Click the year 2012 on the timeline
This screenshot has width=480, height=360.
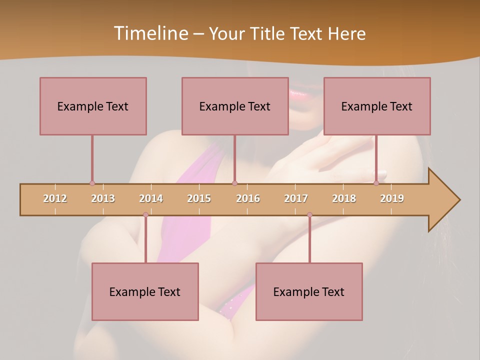[x=55, y=198]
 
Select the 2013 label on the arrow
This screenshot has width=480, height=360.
[x=103, y=198]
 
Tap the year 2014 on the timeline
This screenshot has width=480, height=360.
[x=151, y=198]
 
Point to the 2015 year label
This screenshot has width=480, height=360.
[x=199, y=198]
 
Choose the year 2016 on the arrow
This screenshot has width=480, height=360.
[x=248, y=198]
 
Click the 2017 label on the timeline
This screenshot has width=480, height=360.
[x=296, y=198]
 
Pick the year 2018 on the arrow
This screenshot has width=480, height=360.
[x=344, y=198]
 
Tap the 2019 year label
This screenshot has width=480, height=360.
[x=392, y=198]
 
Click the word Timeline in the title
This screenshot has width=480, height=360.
[x=150, y=33]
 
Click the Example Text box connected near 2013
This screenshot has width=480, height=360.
[x=93, y=106]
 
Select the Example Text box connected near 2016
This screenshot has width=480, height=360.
[x=235, y=106]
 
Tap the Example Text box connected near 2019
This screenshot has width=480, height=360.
[x=377, y=106]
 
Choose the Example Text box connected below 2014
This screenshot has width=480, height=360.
[x=145, y=291]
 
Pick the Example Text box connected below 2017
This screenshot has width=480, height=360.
[x=309, y=291]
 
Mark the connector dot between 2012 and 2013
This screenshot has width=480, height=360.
[x=92, y=183]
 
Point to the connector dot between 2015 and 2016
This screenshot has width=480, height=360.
[x=235, y=183]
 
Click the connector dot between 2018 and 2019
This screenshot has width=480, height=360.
[x=376, y=183]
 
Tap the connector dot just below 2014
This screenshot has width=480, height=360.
[x=145, y=215]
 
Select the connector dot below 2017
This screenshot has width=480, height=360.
[x=309, y=215]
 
